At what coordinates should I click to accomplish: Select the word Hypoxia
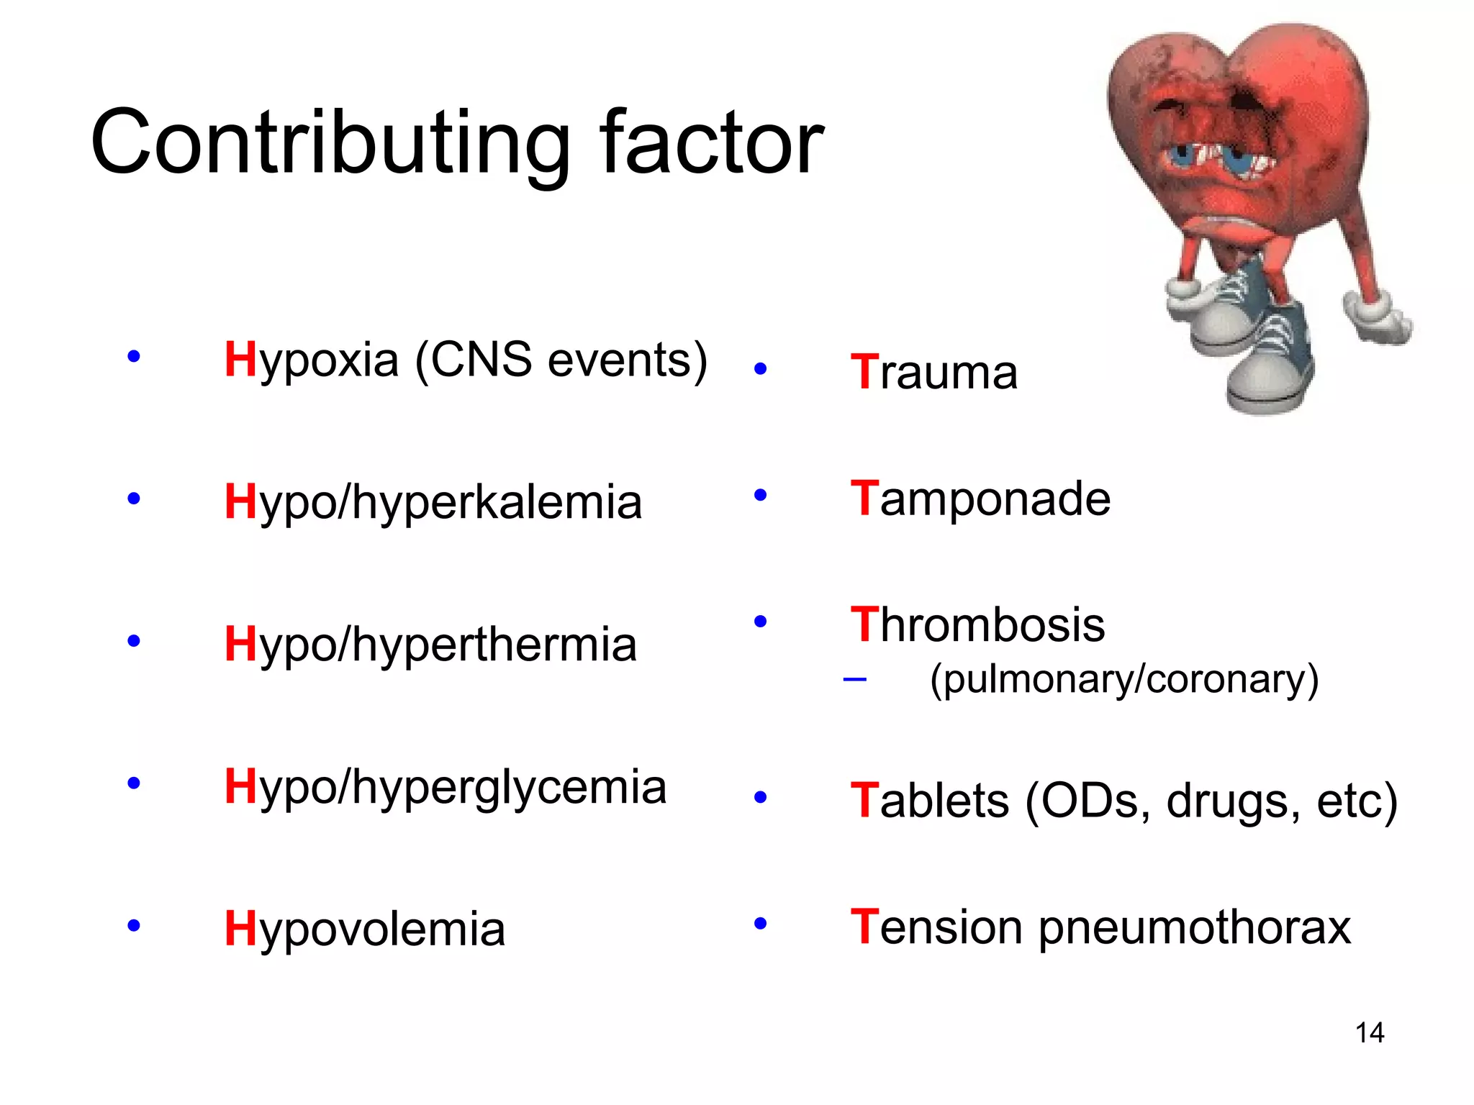click(x=311, y=360)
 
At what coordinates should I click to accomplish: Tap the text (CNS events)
click(x=561, y=360)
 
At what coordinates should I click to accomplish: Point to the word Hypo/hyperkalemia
click(x=433, y=502)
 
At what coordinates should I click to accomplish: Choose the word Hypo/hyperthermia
click(x=430, y=645)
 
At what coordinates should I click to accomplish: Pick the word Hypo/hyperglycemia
click(x=445, y=787)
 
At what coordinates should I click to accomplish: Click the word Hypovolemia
click(x=364, y=929)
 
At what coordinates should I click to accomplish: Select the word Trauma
click(x=933, y=373)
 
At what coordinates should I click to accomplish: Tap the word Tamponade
click(x=980, y=499)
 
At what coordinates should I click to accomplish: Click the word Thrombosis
click(x=977, y=624)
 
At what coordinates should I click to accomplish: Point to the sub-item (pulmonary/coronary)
click(x=1124, y=679)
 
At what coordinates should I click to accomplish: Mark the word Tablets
click(x=929, y=801)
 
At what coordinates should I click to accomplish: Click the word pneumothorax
click(x=1195, y=927)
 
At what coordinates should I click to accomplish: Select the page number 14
click(x=1369, y=1033)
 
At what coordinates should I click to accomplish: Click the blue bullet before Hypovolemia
click(x=133, y=925)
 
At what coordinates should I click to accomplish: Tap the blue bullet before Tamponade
click(x=760, y=495)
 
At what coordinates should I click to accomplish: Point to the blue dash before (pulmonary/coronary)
click(x=854, y=678)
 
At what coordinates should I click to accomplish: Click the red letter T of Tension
click(x=864, y=926)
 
